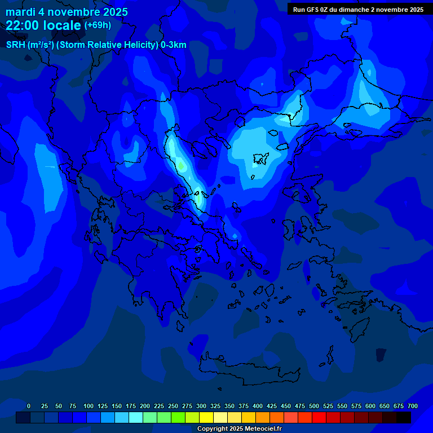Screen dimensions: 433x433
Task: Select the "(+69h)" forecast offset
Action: click(98, 25)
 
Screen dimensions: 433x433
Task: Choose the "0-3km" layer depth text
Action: click(174, 45)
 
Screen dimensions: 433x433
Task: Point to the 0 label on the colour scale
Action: click(29, 406)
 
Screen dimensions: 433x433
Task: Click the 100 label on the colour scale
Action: click(89, 406)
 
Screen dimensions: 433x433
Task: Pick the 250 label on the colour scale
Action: click(173, 406)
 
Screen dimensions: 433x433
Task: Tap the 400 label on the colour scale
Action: click(258, 406)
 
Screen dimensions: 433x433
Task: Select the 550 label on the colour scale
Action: click(342, 406)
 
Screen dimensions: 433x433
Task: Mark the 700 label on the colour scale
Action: click(413, 406)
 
